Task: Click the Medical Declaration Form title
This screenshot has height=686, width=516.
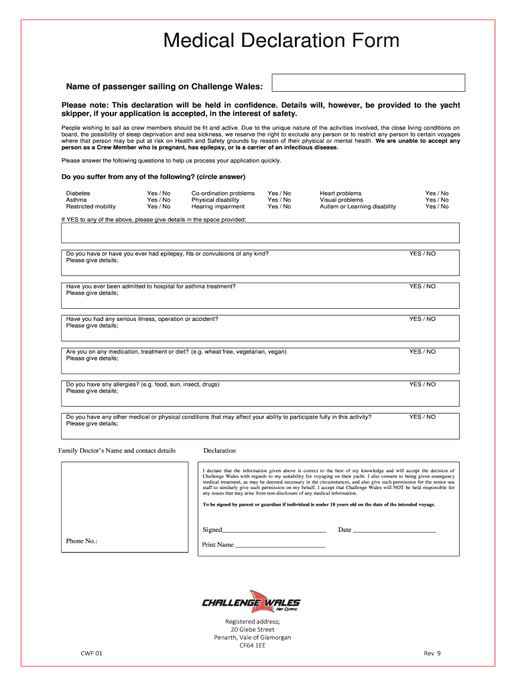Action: click(x=281, y=41)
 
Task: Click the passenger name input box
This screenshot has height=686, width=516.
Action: click(x=368, y=82)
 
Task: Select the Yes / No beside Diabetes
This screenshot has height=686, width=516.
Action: click(x=159, y=193)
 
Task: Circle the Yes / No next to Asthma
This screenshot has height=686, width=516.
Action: click(x=159, y=200)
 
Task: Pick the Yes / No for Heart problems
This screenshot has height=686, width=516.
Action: click(x=437, y=193)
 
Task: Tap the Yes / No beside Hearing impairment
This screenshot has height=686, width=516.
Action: click(x=279, y=206)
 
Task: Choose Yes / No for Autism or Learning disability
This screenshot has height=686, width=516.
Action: click(x=437, y=206)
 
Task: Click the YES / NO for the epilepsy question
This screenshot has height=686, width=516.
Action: click(x=422, y=254)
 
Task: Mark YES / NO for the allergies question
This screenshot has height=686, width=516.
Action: click(x=422, y=385)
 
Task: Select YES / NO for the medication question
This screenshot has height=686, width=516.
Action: click(x=422, y=352)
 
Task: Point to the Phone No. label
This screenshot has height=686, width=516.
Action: click(x=82, y=541)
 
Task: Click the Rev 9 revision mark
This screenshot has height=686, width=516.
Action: click(x=432, y=653)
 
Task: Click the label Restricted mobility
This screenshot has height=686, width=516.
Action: click(x=90, y=206)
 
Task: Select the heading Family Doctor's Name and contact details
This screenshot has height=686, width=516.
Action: click(x=117, y=450)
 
